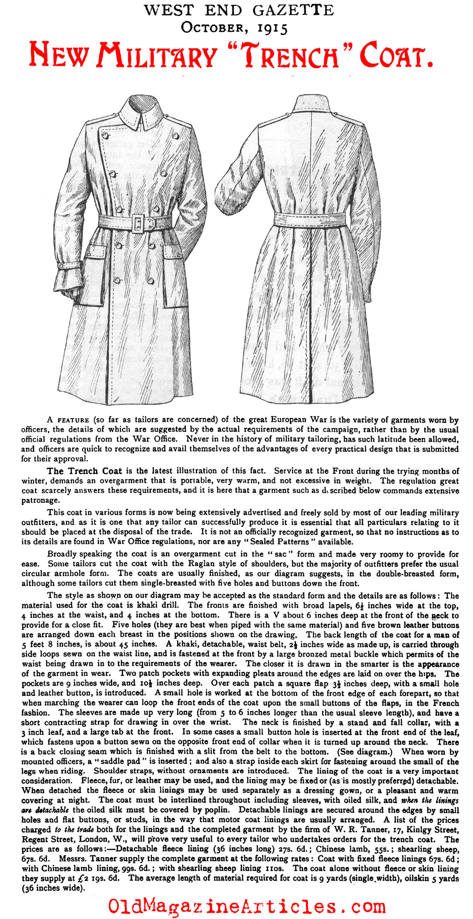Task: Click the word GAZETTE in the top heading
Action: coord(293,10)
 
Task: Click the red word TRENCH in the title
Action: coord(292,56)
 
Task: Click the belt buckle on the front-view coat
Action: coord(139,223)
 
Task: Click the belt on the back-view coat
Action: coord(310,220)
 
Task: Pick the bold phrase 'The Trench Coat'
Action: coord(84,471)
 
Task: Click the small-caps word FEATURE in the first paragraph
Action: coord(73,420)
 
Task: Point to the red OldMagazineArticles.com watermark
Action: coord(247,906)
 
